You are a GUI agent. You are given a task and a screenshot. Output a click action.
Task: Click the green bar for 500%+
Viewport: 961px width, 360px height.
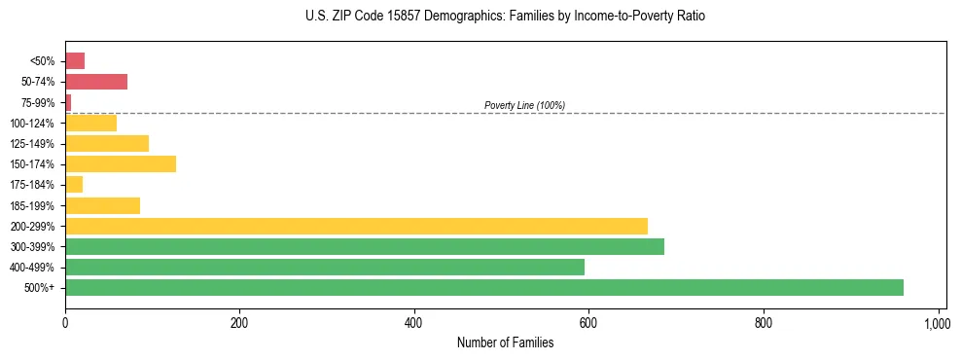click(x=483, y=287)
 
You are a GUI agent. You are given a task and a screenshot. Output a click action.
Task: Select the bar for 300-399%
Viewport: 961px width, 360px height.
click(x=365, y=246)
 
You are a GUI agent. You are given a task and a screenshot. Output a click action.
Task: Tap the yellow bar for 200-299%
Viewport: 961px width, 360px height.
click(x=356, y=226)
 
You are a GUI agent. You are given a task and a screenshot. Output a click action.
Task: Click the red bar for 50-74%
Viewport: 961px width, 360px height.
click(x=96, y=82)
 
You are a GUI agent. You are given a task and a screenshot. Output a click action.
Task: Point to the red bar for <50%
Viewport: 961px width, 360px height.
click(x=75, y=61)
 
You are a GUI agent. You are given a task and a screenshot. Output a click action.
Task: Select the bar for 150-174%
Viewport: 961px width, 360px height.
click(x=121, y=163)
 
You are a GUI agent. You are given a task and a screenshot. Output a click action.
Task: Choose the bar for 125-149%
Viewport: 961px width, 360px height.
click(x=107, y=143)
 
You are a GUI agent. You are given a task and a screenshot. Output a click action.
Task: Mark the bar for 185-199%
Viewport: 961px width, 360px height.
click(x=102, y=205)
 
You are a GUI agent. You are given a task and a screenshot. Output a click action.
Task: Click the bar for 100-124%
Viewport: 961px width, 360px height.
click(x=90, y=123)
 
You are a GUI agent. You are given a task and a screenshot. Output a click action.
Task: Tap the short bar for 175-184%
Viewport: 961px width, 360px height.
click(x=74, y=184)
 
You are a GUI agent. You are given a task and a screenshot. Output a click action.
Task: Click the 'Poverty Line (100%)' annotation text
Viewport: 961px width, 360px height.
click(x=524, y=105)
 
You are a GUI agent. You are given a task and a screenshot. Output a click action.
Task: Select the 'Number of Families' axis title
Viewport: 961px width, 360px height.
click(x=505, y=342)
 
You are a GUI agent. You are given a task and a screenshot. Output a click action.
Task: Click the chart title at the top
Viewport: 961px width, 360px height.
click(x=505, y=17)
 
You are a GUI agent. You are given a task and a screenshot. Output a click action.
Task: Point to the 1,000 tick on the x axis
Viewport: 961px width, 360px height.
click(x=937, y=322)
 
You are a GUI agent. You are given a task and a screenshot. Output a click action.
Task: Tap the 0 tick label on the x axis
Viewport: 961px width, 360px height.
click(x=65, y=322)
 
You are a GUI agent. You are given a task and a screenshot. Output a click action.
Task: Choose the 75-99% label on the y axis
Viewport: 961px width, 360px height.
click(x=39, y=102)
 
